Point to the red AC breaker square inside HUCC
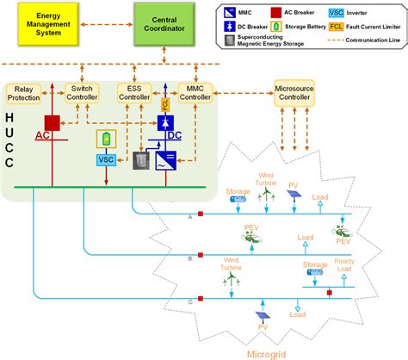pyautogui.click(x=52, y=121)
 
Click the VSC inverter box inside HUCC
pyautogui.click(x=106, y=159)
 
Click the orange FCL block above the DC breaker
pyautogui.click(x=166, y=105)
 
